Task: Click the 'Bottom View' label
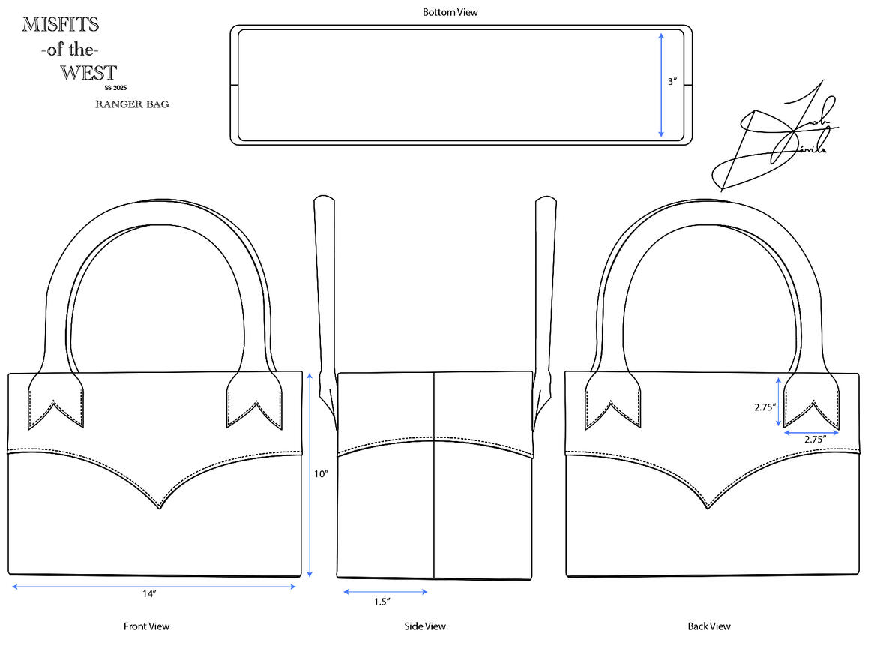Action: tap(450, 12)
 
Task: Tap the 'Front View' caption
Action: tap(146, 626)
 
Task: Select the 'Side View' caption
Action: tap(425, 626)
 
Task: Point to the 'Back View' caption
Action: tap(709, 626)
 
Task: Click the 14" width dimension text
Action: tap(149, 594)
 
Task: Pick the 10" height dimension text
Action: tap(322, 474)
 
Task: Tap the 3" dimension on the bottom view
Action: tap(672, 82)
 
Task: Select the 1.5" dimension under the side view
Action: tap(382, 601)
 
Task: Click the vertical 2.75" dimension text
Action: tap(765, 407)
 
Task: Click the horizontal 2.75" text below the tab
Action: tap(815, 440)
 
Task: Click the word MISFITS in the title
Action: tap(60, 25)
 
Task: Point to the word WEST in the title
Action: tap(88, 73)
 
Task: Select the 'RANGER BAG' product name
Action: tap(132, 104)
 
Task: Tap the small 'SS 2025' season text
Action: tap(115, 87)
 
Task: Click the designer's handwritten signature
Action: tap(772, 139)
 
